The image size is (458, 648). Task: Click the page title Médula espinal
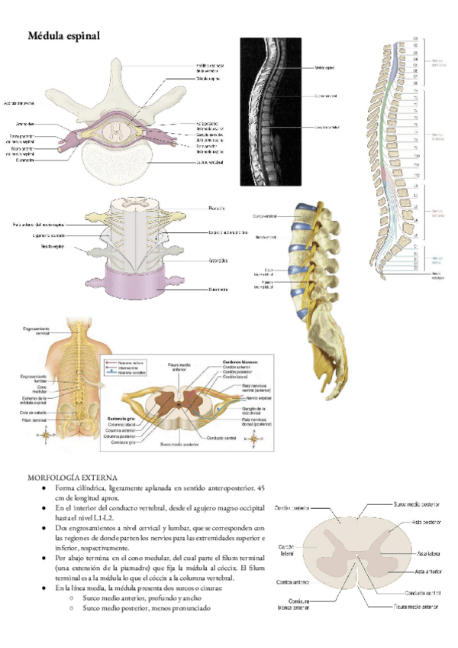click(63, 36)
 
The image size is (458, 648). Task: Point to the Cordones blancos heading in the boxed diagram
click(240, 361)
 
